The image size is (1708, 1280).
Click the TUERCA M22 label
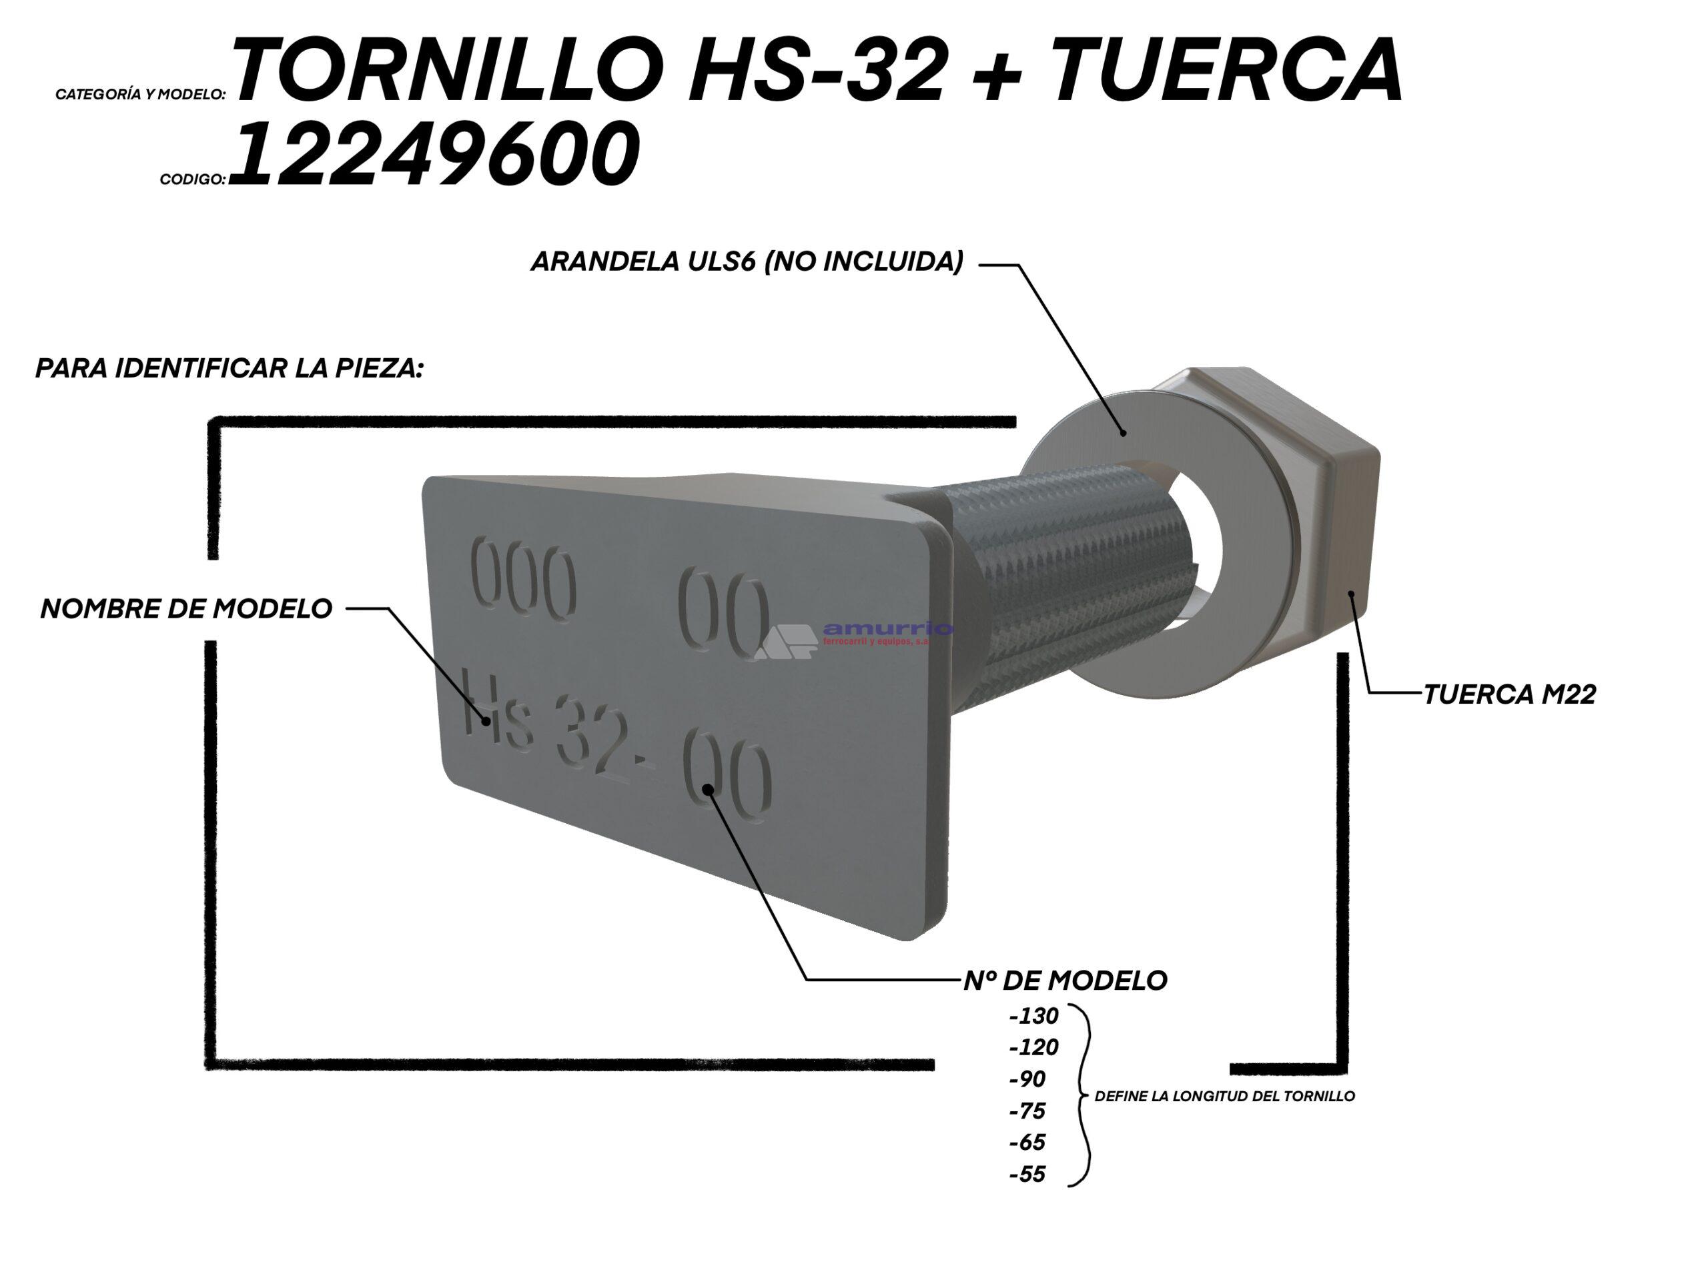[x=1509, y=695]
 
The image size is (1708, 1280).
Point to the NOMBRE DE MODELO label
[x=186, y=608]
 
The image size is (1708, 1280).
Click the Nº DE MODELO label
[x=1065, y=981]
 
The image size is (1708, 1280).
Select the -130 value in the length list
[x=1033, y=1015]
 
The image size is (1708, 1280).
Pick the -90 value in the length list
[x=1027, y=1079]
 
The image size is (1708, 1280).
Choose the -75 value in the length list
[x=1027, y=1111]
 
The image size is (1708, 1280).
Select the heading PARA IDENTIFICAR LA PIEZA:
[x=230, y=368]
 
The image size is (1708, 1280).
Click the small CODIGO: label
[x=192, y=179]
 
